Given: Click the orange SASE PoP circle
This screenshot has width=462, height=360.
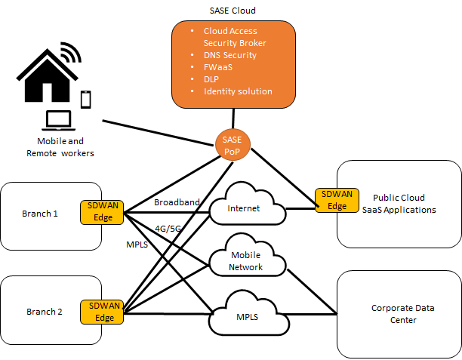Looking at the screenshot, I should pyautogui.click(x=233, y=143).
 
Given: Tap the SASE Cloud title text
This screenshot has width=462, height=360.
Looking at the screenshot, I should pyautogui.click(x=233, y=11).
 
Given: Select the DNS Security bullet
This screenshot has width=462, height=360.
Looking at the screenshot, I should pyautogui.click(x=229, y=55).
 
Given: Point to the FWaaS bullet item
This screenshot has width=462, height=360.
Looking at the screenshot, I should pyautogui.click(x=219, y=67).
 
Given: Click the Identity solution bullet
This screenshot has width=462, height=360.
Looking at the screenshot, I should pyautogui.click(x=237, y=91).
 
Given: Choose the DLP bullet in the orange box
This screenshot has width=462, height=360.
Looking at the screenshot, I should pyautogui.click(x=212, y=79).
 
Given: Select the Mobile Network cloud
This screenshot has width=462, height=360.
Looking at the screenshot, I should pyautogui.click(x=247, y=261).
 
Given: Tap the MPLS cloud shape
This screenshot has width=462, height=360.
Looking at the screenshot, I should pyautogui.click(x=246, y=317).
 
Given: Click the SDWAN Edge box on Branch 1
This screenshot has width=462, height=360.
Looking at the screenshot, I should pyautogui.click(x=102, y=212).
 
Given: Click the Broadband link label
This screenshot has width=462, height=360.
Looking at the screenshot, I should pyautogui.click(x=176, y=202).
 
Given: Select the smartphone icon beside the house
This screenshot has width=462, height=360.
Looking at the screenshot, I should pyautogui.click(x=86, y=98).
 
